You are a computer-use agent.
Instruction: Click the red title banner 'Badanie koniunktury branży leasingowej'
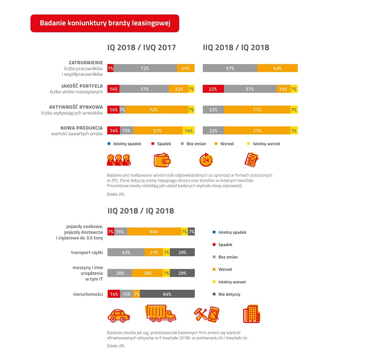105,23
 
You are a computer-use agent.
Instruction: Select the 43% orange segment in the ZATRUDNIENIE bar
277,68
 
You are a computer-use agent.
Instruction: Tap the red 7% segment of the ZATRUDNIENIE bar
111,68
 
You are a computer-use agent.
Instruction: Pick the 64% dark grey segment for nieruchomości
167,294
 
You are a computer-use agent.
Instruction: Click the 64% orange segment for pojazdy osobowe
154,232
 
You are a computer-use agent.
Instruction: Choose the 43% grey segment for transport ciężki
126,252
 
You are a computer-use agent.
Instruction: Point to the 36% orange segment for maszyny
148,273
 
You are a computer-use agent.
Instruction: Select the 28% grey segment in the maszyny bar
119,273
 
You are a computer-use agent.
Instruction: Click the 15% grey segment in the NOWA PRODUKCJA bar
126,131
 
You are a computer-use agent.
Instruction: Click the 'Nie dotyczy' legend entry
227,294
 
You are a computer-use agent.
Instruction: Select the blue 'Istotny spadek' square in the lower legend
214,232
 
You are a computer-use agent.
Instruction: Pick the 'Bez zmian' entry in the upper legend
193,144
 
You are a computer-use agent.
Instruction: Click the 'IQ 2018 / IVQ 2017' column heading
141,47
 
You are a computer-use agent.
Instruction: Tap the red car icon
118,316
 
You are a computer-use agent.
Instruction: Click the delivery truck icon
160,313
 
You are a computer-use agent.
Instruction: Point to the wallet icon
162,160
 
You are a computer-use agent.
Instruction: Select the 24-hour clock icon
206,160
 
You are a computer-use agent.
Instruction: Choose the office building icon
252,314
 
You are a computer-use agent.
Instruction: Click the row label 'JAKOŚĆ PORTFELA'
82,86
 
